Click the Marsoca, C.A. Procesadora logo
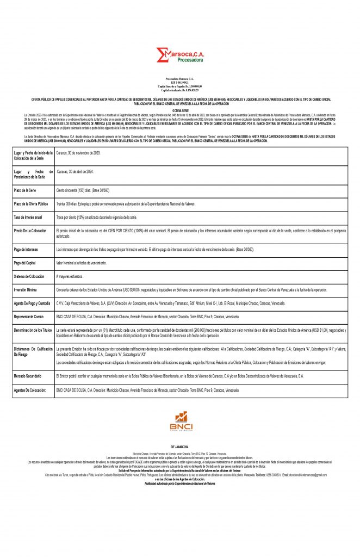(x=179, y=55)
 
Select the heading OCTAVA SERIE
(x=179, y=110)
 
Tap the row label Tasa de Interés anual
(x=28, y=217)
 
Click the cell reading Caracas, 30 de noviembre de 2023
(x=78, y=153)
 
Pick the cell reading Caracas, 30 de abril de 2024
(x=79, y=171)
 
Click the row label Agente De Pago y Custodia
(x=33, y=303)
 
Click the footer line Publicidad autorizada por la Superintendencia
(x=179, y=483)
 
